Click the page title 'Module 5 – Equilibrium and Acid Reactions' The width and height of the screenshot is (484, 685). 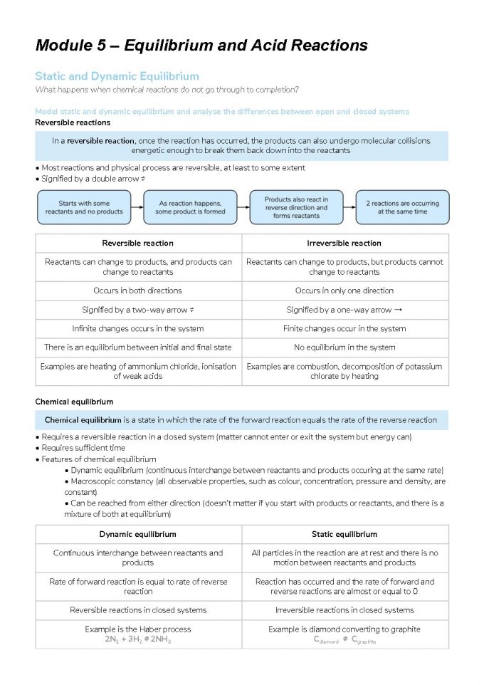click(x=201, y=46)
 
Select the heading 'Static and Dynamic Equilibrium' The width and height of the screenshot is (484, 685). click(x=117, y=76)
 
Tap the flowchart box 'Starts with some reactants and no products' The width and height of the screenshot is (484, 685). click(x=84, y=207)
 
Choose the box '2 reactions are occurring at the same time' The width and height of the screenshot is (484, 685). click(x=402, y=207)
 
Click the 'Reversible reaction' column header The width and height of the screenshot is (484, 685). click(x=138, y=244)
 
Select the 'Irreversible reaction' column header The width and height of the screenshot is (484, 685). click(x=344, y=244)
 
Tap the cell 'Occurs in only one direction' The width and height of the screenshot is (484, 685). click(x=344, y=291)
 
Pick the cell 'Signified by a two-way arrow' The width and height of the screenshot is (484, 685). click(x=138, y=310)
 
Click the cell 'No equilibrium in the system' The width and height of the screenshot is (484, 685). click(x=344, y=347)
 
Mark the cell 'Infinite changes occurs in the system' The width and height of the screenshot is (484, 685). click(x=138, y=329)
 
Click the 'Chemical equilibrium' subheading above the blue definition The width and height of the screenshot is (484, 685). click(x=74, y=402)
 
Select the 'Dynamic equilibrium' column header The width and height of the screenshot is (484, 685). click(x=138, y=534)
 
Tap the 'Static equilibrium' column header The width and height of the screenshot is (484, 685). click(x=344, y=534)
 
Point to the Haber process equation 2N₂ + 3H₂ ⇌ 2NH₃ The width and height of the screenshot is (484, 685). click(x=138, y=639)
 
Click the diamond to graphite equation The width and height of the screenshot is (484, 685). click(x=344, y=640)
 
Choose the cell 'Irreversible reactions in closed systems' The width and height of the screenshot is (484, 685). click(x=344, y=610)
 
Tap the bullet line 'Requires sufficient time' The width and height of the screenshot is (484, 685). click(x=82, y=448)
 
